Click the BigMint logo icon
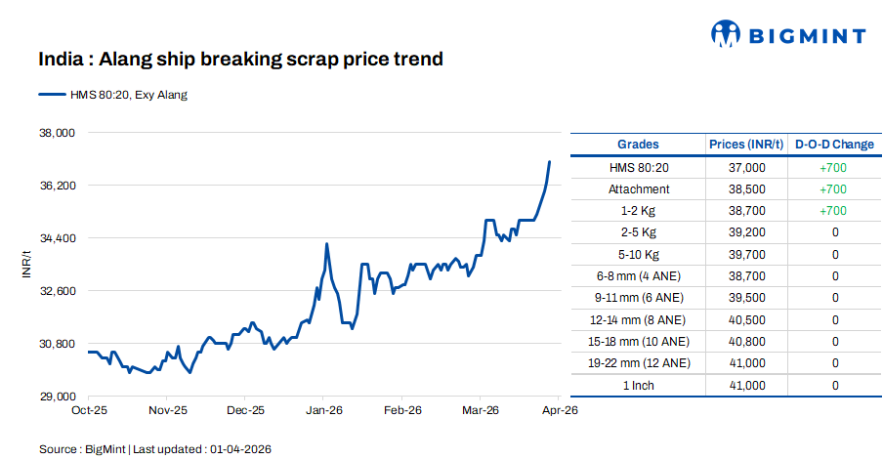(x=726, y=35)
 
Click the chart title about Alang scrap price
(x=240, y=59)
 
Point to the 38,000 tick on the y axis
(x=56, y=133)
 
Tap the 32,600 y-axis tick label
(x=56, y=291)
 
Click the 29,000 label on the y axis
(x=56, y=397)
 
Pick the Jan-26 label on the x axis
(x=323, y=411)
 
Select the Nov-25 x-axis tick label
(x=167, y=411)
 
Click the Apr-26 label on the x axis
(x=560, y=411)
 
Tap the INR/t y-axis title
(x=26, y=264)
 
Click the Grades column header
(x=638, y=145)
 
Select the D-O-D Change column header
(x=834, y=145)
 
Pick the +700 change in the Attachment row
(x=833, y=188)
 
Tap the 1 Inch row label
(x=639, y=386)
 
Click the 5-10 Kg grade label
(x=639, y=254)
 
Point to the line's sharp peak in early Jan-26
(x=326, y=244)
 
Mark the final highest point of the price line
(x=550, y=162)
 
